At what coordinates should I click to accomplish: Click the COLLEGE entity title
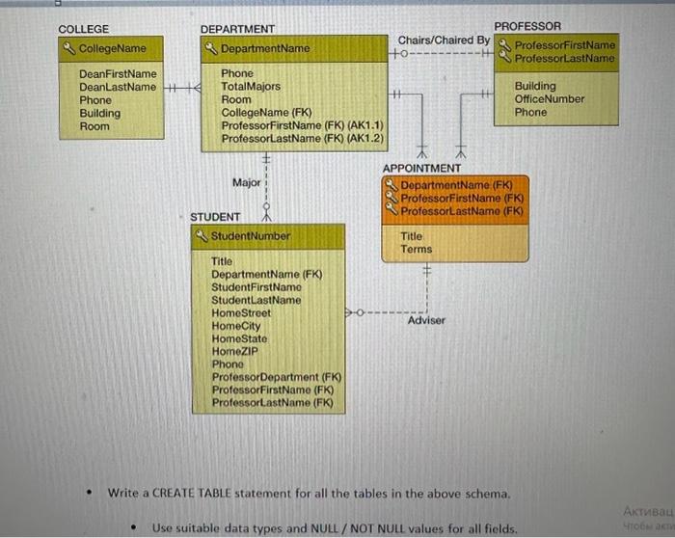click(x=84, y=29)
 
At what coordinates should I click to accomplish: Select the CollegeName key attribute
click(x=112, y=48)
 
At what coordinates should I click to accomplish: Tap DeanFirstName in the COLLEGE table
click(x=117, y=73)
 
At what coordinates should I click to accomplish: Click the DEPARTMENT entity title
click(x=237, y=30)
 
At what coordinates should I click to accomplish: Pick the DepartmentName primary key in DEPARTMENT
click(x=265, y=48)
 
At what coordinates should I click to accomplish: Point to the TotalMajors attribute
click(x=251, y=87)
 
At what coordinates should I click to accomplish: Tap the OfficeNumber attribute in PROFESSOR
click(x=550, y=99)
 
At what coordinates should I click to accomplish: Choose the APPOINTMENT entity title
click(x=421, y=169)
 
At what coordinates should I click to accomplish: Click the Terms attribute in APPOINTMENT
click(x=417, y=249)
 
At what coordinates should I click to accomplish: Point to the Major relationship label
click(x=247, y=182)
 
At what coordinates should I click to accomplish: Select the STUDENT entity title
click(x=215, y=217)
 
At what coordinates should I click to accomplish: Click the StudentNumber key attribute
click(x=250, y=235)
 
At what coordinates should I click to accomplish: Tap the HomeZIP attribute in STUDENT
click(x=234, y=352)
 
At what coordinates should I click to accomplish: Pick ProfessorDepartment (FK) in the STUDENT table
click(x=277, y=377)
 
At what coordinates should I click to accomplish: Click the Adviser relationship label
click(x=426, y=320)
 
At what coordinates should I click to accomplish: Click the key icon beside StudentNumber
click(x=202, y=235)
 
